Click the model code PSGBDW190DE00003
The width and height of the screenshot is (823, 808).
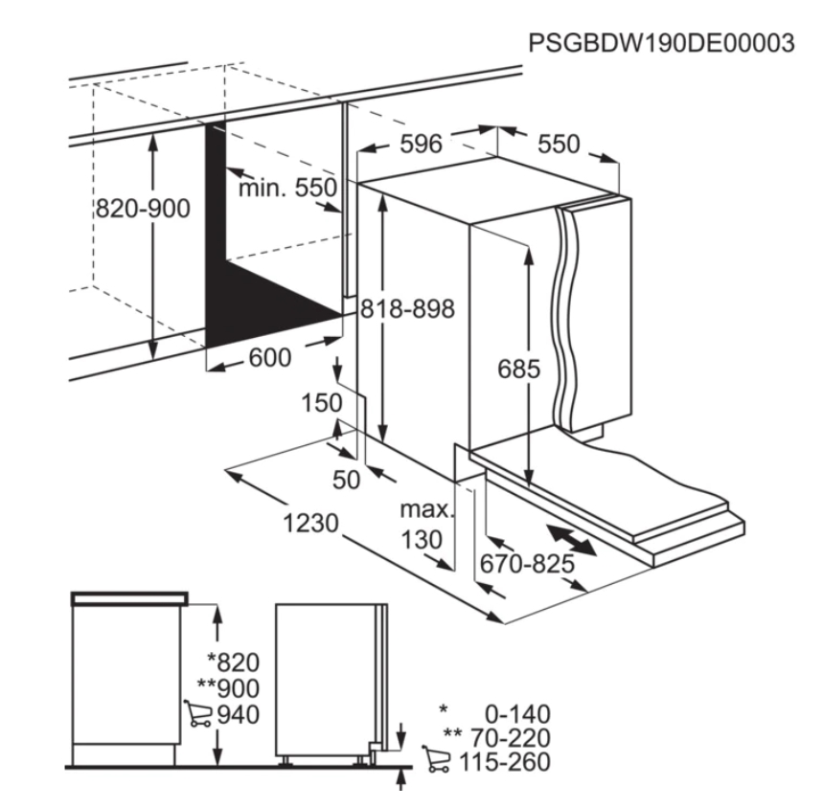pos(661,43)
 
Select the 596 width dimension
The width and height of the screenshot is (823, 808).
pos(421,144)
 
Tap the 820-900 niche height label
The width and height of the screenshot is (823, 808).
pos(143,209)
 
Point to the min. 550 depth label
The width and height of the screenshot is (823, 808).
pos(287,188)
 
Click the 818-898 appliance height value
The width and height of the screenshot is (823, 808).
pos(407,309)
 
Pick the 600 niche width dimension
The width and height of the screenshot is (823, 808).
pos(270,358)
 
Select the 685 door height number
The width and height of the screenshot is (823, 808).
pos(518,370)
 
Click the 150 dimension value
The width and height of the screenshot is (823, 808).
pos(322,403)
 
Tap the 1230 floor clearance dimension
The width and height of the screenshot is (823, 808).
pos(310,523)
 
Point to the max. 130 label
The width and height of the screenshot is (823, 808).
pos(426,525)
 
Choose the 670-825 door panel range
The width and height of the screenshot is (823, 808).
pos(528,564)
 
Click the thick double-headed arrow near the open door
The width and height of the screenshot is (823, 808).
pos(571,539)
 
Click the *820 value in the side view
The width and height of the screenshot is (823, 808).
pos(234,662)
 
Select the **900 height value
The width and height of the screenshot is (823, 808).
pos(228,688)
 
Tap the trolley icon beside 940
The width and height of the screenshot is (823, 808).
pos(197,713)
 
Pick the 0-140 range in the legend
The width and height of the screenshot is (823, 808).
pos(517,714)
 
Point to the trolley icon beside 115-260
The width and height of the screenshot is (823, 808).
pos(436,759)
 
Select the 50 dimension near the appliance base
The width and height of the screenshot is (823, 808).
pos(347,480)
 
